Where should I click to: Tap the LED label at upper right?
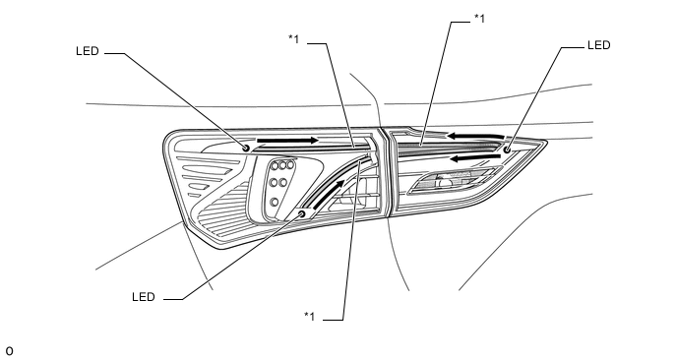coord(599,44)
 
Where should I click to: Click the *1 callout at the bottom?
coord(310,316)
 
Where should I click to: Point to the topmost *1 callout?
coord(480,17)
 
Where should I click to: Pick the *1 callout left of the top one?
coord(293,38)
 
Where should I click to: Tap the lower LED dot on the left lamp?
coord(301,213)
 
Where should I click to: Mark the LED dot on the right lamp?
coord(508,148)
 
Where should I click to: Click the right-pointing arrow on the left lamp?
coord(287,141)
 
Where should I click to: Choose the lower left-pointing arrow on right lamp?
coord(470,155)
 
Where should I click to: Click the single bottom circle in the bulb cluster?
coord(275,203)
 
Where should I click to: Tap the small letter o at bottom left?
coord(9,349)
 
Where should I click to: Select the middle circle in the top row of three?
coord(281,165)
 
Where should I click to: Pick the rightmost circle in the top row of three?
coord(291,165)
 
